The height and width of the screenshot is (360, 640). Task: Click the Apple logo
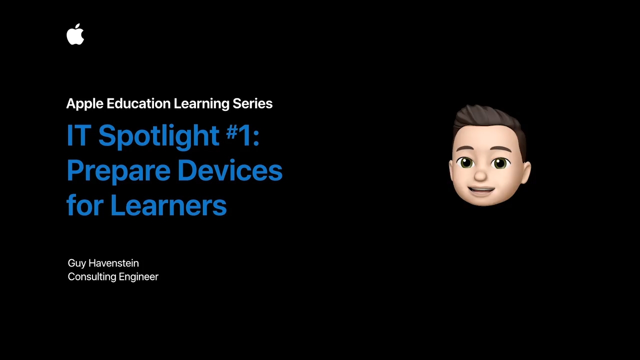(75, 34)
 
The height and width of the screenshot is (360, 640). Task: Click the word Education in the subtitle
(138, 103)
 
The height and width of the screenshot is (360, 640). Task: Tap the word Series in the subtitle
(252, 103)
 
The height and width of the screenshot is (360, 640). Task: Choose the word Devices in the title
(230, 170)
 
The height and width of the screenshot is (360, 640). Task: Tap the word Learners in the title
(168, 205)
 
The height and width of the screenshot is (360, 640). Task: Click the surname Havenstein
(113, 263)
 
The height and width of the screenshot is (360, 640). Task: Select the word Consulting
(92, 277)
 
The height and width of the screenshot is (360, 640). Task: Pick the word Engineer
(138, 277)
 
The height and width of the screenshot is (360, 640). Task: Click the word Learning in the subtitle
(201, 104)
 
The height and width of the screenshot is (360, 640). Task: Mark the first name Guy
(77, 263)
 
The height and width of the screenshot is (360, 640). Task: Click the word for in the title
(85, 204)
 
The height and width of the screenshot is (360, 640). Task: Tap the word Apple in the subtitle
(85, 104)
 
